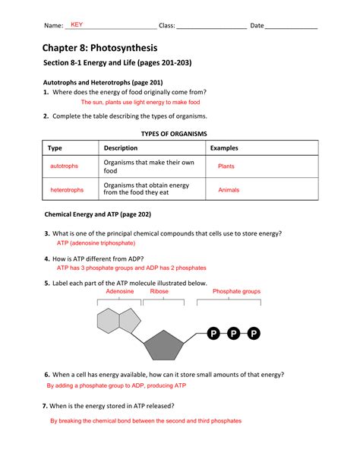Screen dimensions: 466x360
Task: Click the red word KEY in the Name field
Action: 76,25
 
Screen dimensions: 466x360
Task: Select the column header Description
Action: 121,148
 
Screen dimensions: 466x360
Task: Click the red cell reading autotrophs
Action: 64,166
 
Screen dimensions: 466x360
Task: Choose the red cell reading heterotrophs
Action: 67,189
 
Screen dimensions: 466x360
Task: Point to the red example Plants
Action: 226,166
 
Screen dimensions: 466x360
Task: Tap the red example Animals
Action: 229,189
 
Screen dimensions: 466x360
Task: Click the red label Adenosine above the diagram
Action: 119,291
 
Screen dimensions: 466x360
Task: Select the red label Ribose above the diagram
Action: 159,291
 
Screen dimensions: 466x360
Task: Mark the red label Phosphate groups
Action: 236,291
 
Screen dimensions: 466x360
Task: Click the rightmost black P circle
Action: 254,334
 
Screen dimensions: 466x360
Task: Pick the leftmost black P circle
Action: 213,334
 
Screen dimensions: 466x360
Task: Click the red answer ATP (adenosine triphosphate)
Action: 96,243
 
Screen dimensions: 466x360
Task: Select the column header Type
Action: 55,148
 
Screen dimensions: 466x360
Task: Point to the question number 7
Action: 46,406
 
